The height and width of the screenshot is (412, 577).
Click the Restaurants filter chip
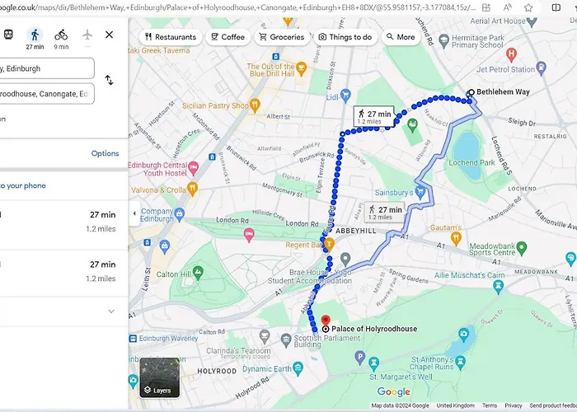[x=170, y=37]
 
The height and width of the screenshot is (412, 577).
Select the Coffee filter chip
[x=228, y=37]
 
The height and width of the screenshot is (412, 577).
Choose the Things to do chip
[x=345, y=37]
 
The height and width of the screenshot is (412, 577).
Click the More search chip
[x=400, y=37]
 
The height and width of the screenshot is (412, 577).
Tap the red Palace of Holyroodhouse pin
[x=325, y=321]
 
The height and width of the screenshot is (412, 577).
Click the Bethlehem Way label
[x=504, y=93]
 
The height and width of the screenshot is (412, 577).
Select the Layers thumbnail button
[x=158, y=377]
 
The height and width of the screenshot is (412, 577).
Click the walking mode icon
[x=34, y=35]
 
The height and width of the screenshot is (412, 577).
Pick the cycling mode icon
[x=61, y=35]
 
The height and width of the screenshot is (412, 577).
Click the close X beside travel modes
[x=109, y=35]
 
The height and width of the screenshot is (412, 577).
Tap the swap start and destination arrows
[x=109, y=81]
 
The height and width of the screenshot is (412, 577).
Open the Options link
[x=105, y=153]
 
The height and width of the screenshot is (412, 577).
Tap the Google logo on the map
[x=394, y=391]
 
